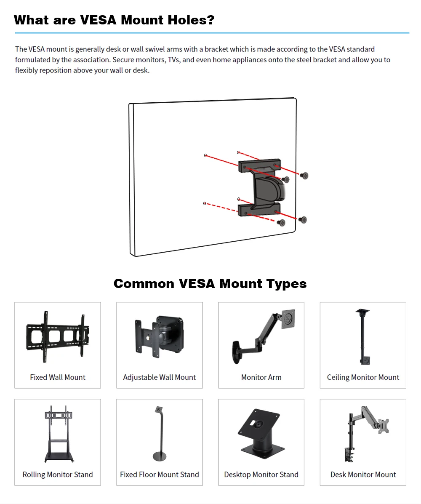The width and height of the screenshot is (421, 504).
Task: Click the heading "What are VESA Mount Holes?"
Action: coord(114,20)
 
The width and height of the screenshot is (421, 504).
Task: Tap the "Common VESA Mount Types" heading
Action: coord(210,283)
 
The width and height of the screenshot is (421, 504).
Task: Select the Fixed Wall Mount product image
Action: coord(58,337)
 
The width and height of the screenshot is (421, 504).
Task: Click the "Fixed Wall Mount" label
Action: coord(58,377)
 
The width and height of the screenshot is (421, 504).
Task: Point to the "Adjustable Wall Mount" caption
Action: coord(160,377)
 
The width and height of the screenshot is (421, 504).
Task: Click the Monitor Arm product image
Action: coord(261,335)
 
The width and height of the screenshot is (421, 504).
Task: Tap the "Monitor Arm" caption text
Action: coord(261,377)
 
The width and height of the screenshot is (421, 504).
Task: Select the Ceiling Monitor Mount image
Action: coord(363,337)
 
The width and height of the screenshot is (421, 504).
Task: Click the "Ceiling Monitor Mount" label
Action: coord(363,377)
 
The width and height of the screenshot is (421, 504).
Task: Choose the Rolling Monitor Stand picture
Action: coord(58,434)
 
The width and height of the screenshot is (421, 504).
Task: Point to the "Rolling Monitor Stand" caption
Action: coord(58,475)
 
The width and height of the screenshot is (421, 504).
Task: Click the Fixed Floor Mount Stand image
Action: coord(159,434)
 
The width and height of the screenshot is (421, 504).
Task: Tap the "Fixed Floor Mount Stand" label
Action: coord(160,475)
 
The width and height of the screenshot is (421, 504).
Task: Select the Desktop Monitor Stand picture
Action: coord(261,434)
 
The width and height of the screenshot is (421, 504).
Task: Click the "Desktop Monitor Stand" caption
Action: coord(261,475)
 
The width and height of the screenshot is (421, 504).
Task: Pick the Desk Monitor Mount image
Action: coord(363,434)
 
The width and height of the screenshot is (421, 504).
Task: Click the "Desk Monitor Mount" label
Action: coord(363,475)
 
